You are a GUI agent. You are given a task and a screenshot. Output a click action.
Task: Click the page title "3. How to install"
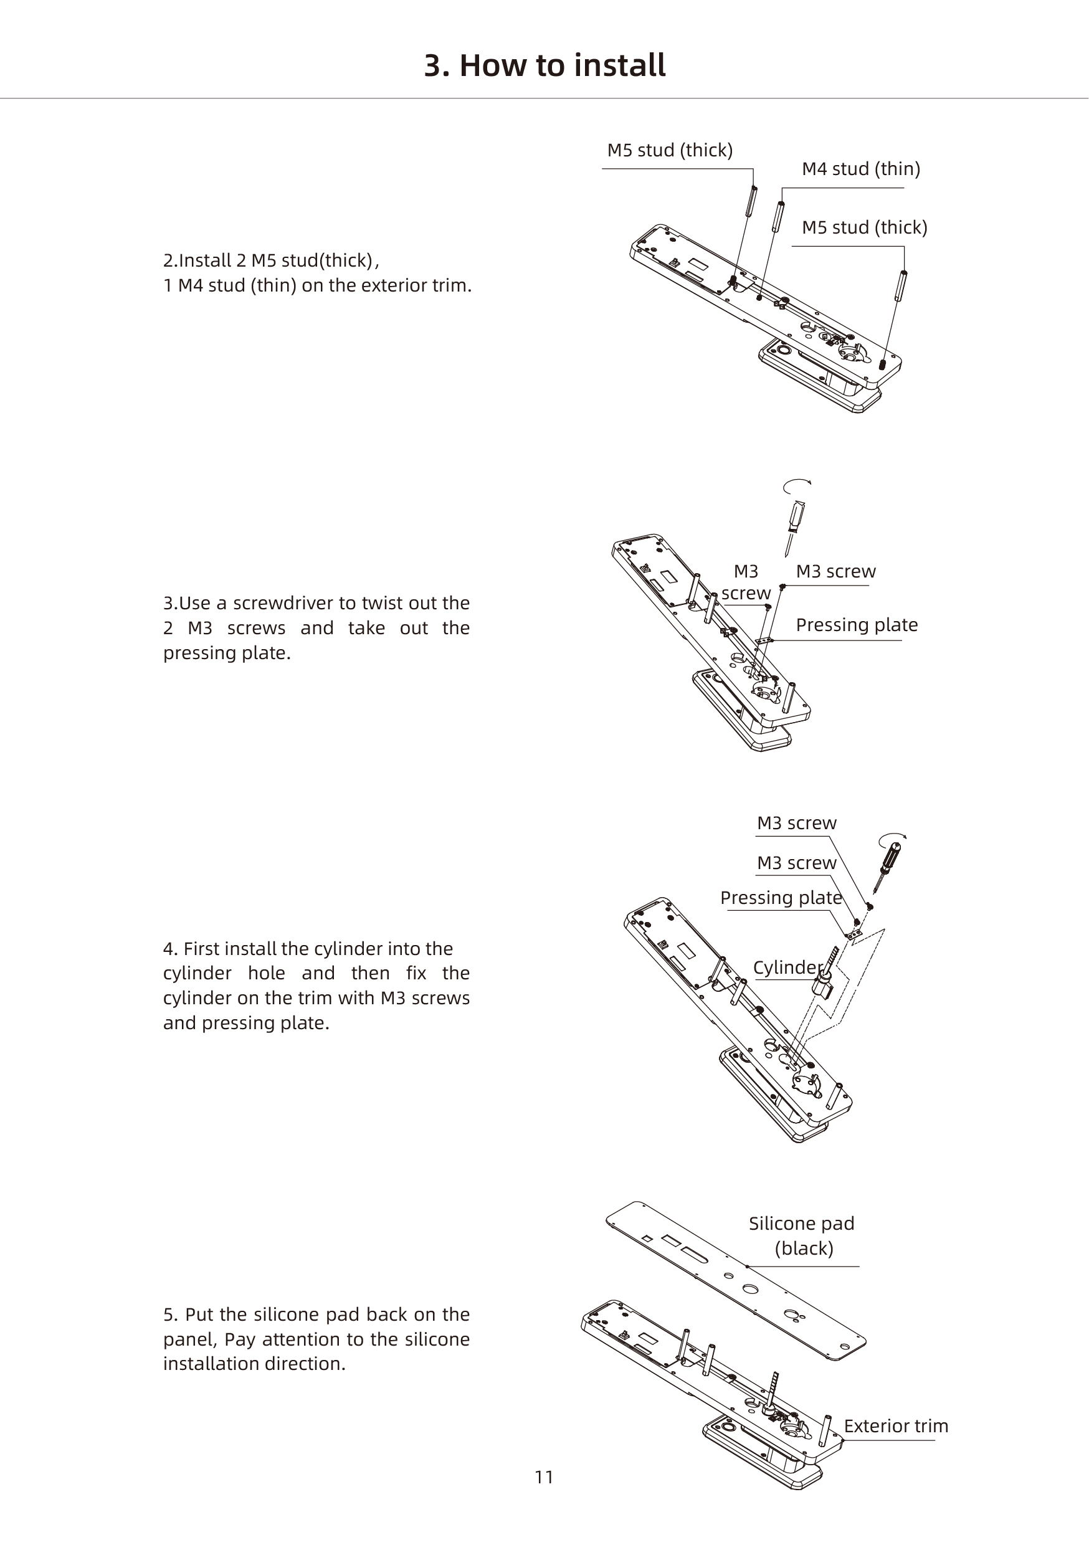[x=544, y=66]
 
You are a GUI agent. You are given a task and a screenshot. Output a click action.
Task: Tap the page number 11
[x=544, y=1477]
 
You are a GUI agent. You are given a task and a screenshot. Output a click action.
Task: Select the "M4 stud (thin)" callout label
[x=861, y=169]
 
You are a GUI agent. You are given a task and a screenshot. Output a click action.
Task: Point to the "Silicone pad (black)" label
[x=802, y=1235]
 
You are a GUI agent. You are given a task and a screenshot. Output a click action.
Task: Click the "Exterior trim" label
[x=896, y=1426]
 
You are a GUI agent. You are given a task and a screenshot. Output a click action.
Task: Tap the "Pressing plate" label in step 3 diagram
[x=857, y=625]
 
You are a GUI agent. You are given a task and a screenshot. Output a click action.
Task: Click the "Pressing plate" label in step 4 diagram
[x=781, y=898]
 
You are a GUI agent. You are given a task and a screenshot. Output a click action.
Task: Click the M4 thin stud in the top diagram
[x=778, y=216]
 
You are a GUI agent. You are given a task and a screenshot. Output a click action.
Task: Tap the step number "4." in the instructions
[x=170, y=949]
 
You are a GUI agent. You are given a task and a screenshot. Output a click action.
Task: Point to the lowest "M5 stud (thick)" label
[x=864, y=227]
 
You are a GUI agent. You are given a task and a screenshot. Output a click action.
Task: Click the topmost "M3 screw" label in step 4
[x=797, y=823]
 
